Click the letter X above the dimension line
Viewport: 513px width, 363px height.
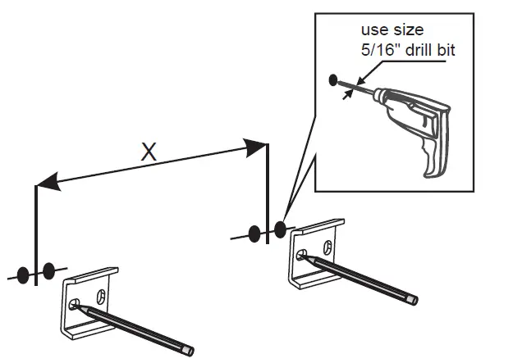tap(148, 151)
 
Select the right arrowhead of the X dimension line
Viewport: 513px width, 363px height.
tap(256, 147)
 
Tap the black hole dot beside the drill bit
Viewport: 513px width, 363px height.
tap(333, 79)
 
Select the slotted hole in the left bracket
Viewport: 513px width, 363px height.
tap(103, 295)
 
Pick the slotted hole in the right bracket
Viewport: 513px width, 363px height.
tap(328, 245)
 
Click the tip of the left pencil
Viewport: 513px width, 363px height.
tap(76, 306)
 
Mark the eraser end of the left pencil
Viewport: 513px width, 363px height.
tap(190, 352)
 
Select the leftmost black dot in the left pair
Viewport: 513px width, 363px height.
tap(25, 274)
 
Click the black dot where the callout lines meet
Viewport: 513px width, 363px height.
tap(280, 230)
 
